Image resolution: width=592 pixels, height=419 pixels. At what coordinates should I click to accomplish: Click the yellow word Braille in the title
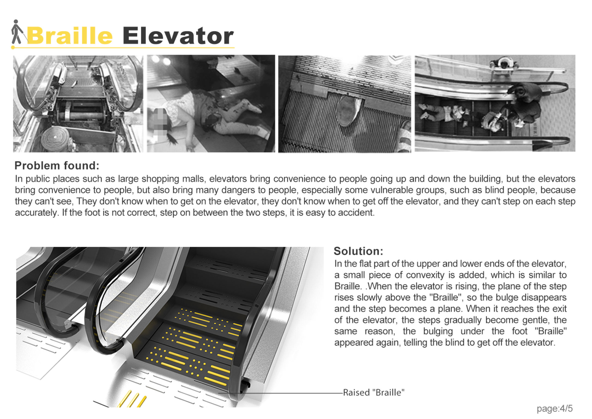(70, 36)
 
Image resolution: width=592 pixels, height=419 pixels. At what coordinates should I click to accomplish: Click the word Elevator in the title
(178, 36)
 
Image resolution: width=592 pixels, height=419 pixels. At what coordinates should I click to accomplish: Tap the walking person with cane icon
(17, 32)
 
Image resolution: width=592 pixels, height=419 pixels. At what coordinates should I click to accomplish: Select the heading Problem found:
(57, 166)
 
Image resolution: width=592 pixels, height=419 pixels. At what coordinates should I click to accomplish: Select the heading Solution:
(358, 251)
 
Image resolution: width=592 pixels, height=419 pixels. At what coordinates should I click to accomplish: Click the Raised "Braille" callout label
(373, 393)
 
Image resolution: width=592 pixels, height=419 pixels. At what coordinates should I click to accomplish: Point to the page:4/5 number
(554, 408)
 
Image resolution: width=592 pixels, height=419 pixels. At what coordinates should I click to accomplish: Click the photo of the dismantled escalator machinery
(78, 104)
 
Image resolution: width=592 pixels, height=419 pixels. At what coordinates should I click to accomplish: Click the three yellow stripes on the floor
(133, 400)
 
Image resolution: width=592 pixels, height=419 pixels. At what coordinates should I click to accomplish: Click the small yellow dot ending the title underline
(13, 47)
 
